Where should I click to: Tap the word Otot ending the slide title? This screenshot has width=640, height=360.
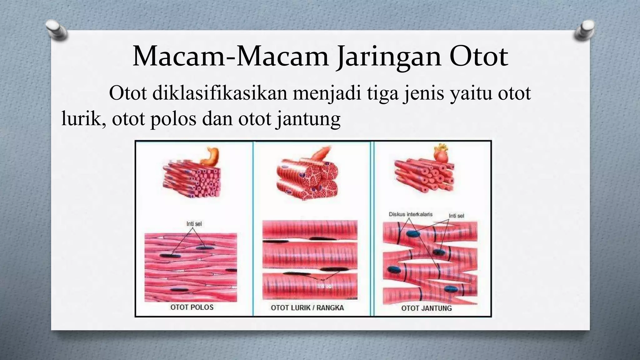[x=478, y=57]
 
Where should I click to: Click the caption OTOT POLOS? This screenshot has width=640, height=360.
[x=192, y=307]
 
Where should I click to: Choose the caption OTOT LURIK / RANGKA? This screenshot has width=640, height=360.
[x=307, y=308]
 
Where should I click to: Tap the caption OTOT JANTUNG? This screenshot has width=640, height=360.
[x=426, y=308]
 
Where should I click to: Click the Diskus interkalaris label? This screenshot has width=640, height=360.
[x=411, y=214]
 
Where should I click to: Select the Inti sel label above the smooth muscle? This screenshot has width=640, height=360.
[x=194, y=224]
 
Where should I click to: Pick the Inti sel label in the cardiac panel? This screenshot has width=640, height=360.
[x=456, y=216]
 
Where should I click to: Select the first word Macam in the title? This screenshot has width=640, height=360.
[x=179, y=57]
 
